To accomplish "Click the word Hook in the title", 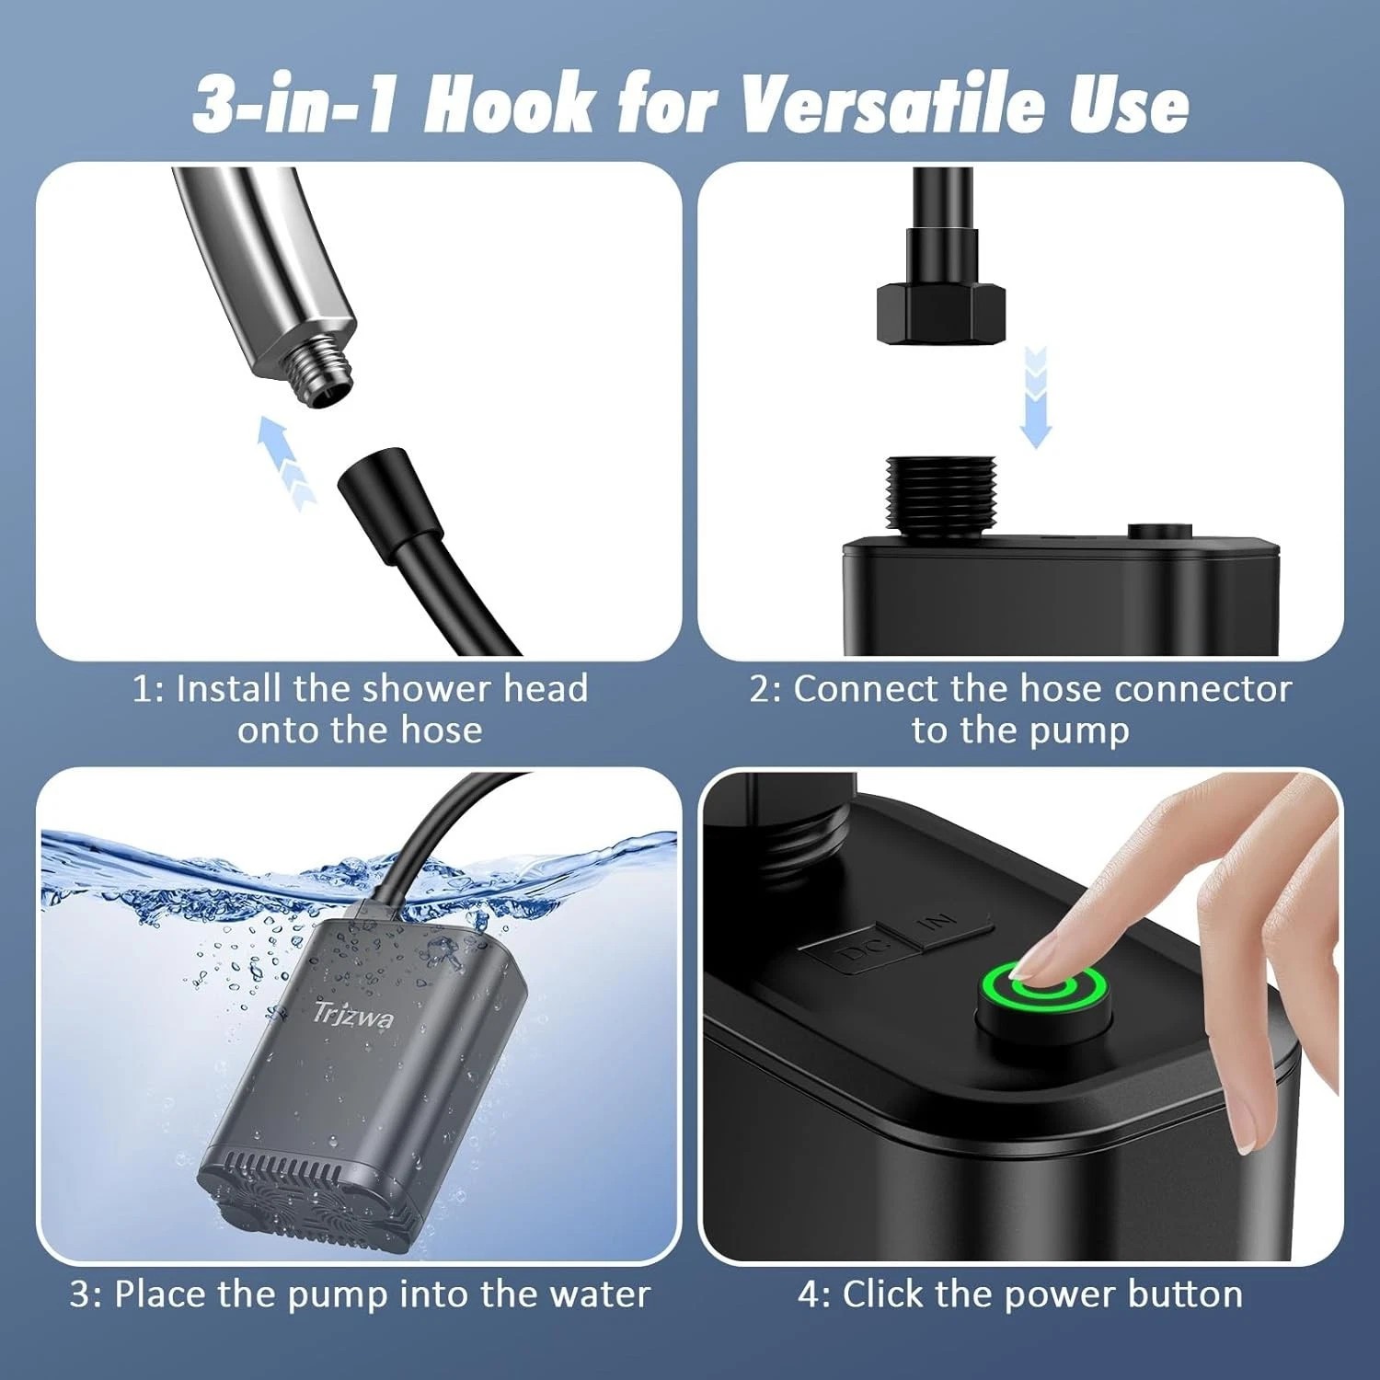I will tap(509, 105).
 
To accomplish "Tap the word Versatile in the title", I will tap(892, 105).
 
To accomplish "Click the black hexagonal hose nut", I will tap(940, 313).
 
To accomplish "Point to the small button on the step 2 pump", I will tap(1159, 531).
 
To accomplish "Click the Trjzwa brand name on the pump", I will tap(353, 1014).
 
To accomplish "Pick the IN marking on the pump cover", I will tap(938, 920).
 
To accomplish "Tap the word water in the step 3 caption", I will tap(600, 1294).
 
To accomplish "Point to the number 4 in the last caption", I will tap(809, 1294).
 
